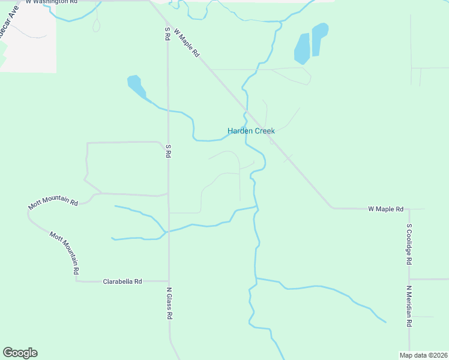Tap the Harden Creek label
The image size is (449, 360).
click(x=251, y=131)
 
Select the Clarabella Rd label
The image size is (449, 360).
click(x=122, y=281)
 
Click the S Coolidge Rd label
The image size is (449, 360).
click(x=409, y=244)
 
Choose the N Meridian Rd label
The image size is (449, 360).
click(x=409, y=306)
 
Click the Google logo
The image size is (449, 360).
click(x=20, y=353)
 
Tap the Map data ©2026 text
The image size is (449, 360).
click(x=423, y=355)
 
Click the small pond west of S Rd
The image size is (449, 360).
click(x=136, y=86)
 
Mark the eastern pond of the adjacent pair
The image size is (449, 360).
click(x=319, y=38)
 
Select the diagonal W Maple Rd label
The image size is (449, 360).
click(x=187, y=42)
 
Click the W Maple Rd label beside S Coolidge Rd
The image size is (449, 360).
click(x=385, y=209)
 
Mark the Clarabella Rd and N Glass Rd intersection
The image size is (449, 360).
click(x=168, y=281)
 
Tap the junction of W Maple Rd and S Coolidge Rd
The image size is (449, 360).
click(x=409, y=209)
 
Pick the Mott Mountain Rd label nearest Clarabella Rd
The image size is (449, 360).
click(x=64, y=253)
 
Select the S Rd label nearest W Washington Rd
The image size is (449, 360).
click(x=167, y=34)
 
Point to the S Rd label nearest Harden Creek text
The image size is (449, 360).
click(x=168, y=151)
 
